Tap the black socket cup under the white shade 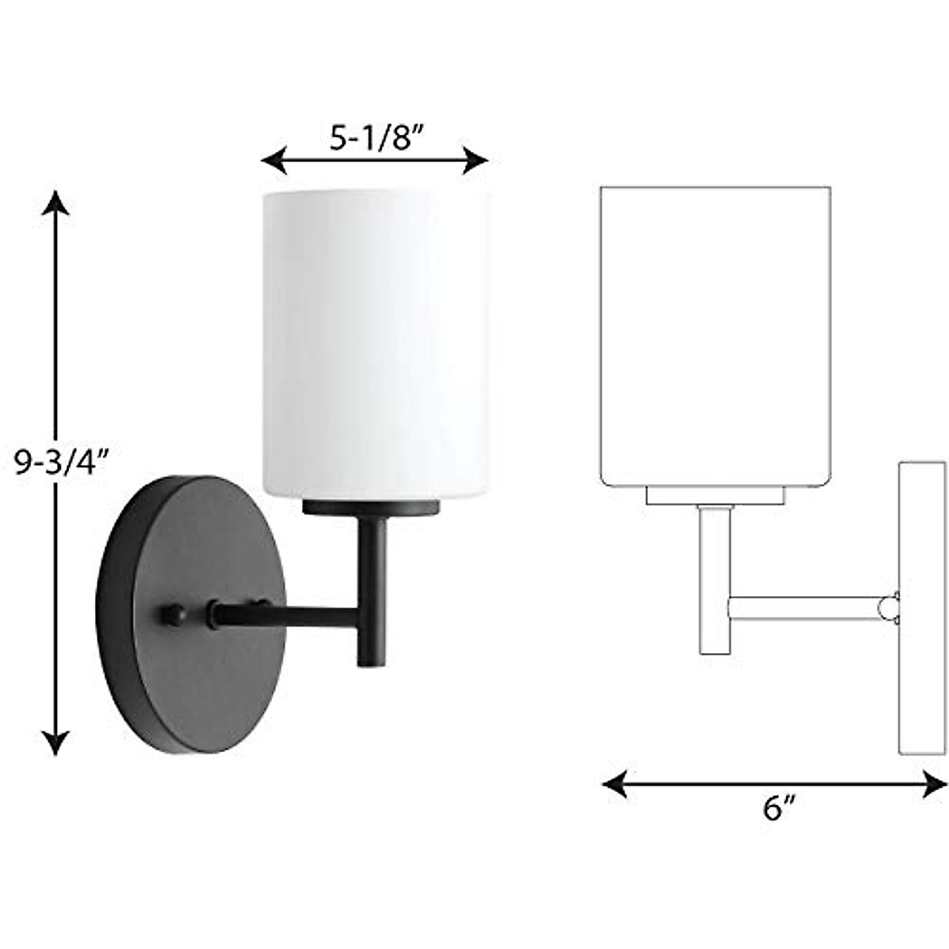pos(371,507)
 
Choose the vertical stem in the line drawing pos(713,581)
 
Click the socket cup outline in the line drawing pos(715,496)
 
